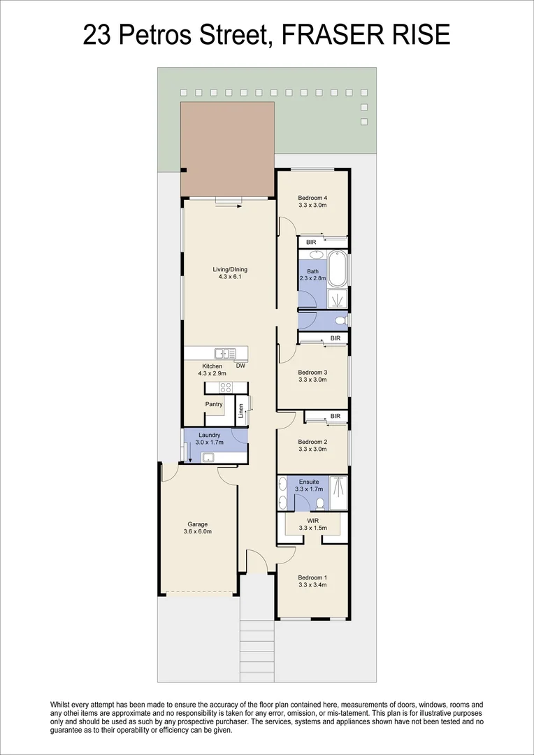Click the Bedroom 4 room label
pos(312,197)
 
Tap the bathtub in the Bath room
pos(338,268)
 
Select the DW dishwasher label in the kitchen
pos(240,366)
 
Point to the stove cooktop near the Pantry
pos(225,387)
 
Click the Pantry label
pos(214,404)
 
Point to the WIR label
pos(312,520)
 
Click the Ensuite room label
pos(309,482)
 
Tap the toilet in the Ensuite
pos(319,503)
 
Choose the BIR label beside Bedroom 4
pos(312,242)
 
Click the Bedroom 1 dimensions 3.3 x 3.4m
pos(312,585)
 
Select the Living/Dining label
pos(231,269)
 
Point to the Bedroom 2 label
pos(312,442)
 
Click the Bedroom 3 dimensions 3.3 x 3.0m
pos(312,380)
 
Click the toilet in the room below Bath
pos(340,321)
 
